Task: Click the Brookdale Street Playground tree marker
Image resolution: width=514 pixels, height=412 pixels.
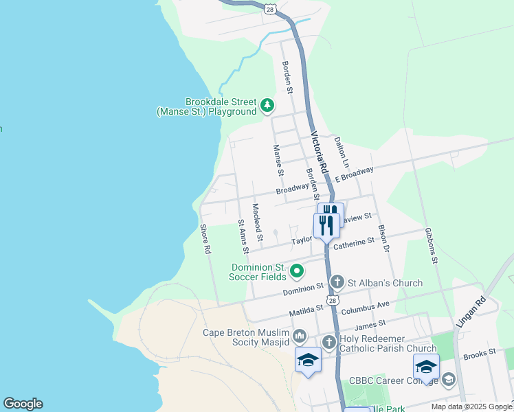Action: click(267, 106)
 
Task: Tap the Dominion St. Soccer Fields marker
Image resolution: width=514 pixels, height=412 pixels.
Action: click(297, 272)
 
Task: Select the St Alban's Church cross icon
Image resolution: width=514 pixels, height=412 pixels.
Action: click(337, 282)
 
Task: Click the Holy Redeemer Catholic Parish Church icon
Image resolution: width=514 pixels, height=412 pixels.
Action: click(329, 342)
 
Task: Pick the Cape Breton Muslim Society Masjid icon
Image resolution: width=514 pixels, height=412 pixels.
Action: click(300, 336)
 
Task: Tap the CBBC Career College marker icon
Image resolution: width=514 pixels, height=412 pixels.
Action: click(449, 379)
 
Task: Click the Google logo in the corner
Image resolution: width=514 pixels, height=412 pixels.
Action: click(23, 404)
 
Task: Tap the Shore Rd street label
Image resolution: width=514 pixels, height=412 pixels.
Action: click(204, 239)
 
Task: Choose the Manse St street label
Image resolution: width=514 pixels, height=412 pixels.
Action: click(278, 160)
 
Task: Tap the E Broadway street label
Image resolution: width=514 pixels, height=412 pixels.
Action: click(354, 174)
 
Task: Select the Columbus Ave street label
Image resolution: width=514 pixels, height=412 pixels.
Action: click(368, 304)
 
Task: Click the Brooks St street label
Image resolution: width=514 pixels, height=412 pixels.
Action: click(480, 353)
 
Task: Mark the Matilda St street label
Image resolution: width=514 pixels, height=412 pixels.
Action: click(306, 312)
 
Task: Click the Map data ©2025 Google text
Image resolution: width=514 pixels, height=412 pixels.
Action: click(471, 407)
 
